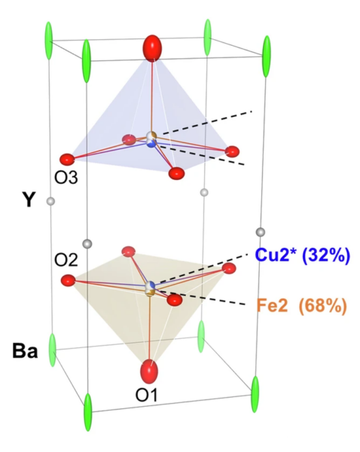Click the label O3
pyautogui.click(x=66, y=178)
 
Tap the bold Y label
pyautogui.click(x=29, y=200)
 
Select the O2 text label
pyautogui.click(x=66, y=261)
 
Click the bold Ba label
pyautogui.click(x=25, y=351)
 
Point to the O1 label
pyautogui.click(x=146, y=395)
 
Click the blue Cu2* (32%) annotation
pyautogui.click(x=303, y=255)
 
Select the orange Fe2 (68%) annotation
pyautogui.click(x=301, y=306)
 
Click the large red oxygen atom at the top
pyautogui.click(x=152, y=48)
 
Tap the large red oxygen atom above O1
pyautogui.click(x=149, y=371)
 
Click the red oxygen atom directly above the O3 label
pyautogui.click(x=67, y=160)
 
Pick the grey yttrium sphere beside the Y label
pyautogui.click(x=50, y=201)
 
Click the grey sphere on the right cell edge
pyautogui.click(x=261, y=232)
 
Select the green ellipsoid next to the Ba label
pyautogui.click(x=52, y=350)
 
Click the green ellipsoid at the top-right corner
pyautogui.click(x=267, y=56)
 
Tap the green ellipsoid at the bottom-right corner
pyautogui.click(x=255, y=394)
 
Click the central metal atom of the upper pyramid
pyautogui.click(x=151, y=139)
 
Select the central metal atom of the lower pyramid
pyautogui.click(x=150, y=289)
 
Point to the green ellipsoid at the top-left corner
pyautogui.click(x=49, y=41)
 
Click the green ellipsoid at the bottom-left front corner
pyautogui.click(x=88, y=412)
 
